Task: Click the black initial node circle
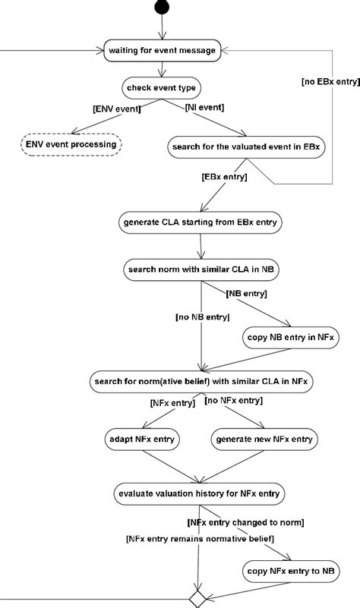pos(162,7)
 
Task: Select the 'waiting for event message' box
pos(163,50)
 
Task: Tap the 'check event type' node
pos(161,88)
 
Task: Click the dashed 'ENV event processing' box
pos(71,145)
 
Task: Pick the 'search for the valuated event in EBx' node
pos(246,147)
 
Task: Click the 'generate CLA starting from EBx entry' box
pos(201,222)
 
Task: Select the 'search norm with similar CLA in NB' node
pos(201,269)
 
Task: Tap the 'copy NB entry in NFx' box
pos(291,337)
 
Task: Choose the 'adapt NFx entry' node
pos(142,439)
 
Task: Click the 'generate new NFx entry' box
pos(264,439)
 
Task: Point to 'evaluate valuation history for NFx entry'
pos(200,493)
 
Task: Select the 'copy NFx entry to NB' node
pos(291,571)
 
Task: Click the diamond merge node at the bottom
pos(197,599)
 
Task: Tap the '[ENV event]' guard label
pos(117,109)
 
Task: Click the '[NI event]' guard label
pos(204,107)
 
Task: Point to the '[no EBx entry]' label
pos(331,81)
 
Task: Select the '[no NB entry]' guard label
pos(203,317)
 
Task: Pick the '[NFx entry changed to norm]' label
pos(245,523)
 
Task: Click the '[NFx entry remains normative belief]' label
pos(201,539)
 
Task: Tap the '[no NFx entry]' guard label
pos(233,400)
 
